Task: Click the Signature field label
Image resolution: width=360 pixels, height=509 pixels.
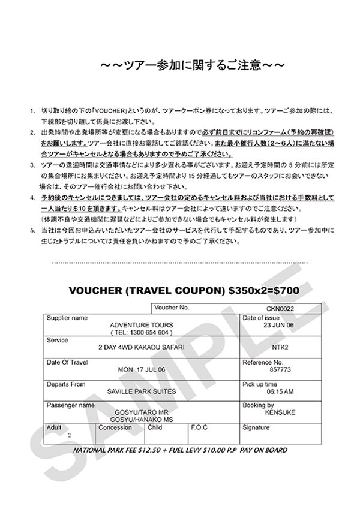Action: click(256, 428)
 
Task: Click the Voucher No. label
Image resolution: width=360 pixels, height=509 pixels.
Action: click(172, 307)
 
